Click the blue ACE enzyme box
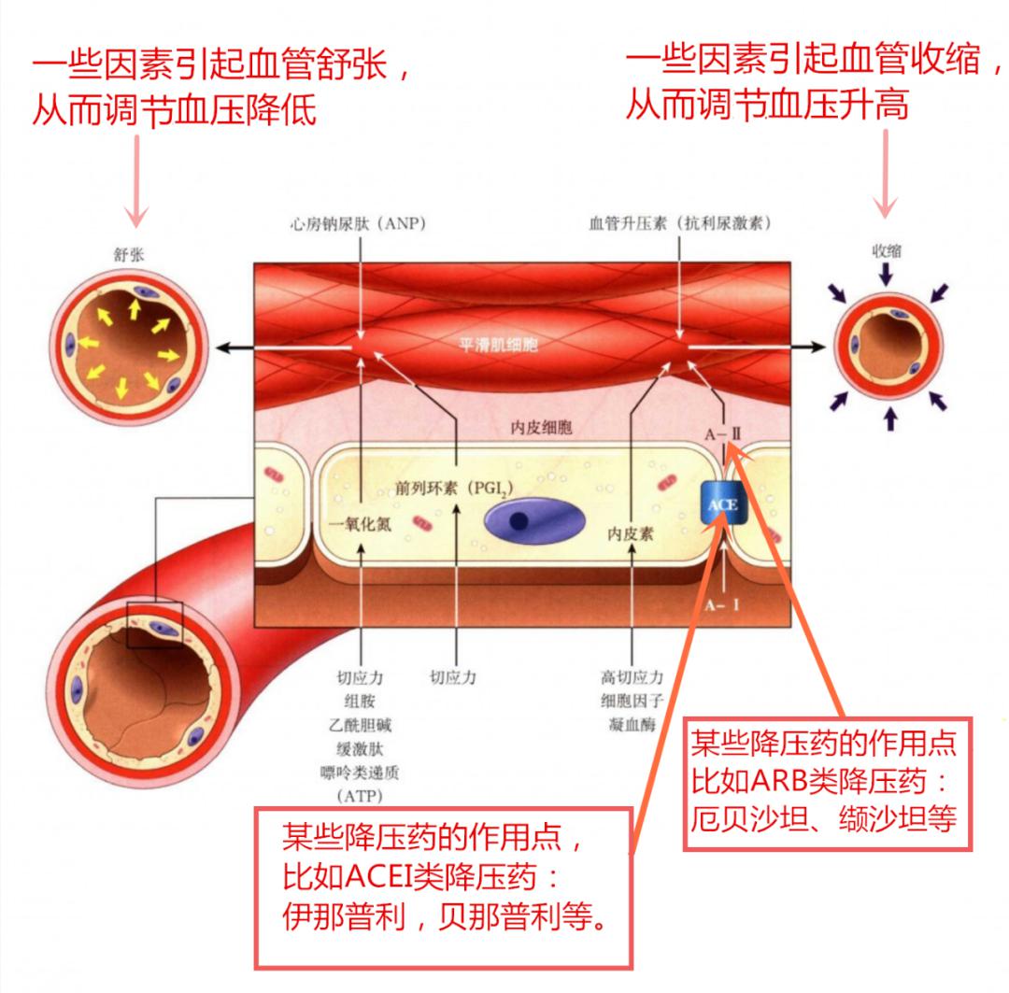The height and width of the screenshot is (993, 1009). [x=723, y=505]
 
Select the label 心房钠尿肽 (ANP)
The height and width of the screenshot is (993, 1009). [x=355, y=225]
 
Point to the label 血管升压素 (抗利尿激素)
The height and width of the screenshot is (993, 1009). [x=679, y=225]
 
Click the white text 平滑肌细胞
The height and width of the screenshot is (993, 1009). [x=498, y=344]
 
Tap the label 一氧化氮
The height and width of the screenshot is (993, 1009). [x=361, y=524]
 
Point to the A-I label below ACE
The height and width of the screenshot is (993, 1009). [x=723, y=604]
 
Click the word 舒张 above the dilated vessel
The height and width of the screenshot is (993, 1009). [x=126, y=253]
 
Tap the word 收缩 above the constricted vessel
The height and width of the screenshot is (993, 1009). [x=887, y=250]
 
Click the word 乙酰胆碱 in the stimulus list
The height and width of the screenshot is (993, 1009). [x=360, y=724]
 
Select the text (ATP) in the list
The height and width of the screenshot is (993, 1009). [x=360, y=796]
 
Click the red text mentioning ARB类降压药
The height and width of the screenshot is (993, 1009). [x=824, y=783]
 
